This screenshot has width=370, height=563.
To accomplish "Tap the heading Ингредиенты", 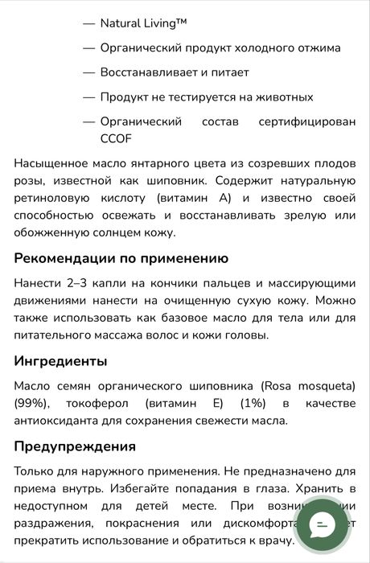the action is point(60,361).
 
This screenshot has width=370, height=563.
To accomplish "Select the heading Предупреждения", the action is point(75,446).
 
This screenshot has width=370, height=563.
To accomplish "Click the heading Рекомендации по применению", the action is point(121,258).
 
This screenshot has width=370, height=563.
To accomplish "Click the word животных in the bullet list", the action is point(282,97).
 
